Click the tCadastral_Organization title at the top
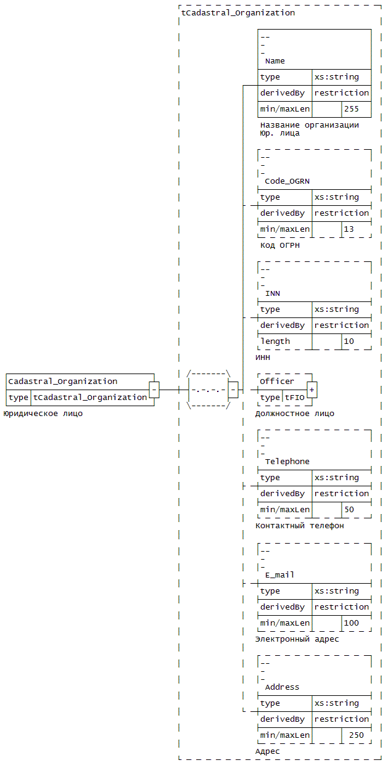point(238,13)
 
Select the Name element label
point(274,61)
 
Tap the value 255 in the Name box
point(352,109)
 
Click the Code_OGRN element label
point(287,181)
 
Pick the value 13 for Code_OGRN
point(349,229)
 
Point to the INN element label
point(273,293)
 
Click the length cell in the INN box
point(275,341)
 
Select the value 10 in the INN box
point(349,341)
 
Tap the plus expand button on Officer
point(312,390)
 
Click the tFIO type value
point(295,398)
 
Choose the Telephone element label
point(287,462)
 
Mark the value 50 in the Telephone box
point(349,510)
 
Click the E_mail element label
point(279,575)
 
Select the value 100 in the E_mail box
point(352,623)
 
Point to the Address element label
point(282,687)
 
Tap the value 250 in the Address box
point(356,735)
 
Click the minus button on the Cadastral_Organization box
point(154,390)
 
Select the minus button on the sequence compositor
point(233,390)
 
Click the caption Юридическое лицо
point(43,414)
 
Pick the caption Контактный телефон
point(300,526)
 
